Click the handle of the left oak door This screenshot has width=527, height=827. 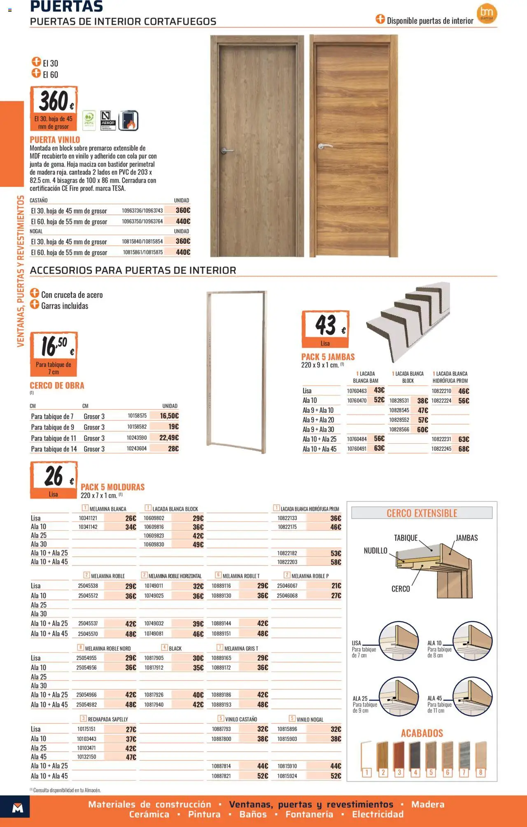click(x=226, y=151)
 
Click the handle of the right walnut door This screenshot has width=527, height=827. click(x=325, y=146)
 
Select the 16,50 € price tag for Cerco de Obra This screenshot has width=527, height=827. click(x=54, y=354)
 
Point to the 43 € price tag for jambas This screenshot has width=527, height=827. click(x=325, y=329)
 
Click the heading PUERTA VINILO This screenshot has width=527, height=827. click(x=55, y=140)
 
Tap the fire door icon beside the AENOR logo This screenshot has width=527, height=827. click(x=128, y=121)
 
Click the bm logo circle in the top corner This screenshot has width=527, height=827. click(x=487, y=14)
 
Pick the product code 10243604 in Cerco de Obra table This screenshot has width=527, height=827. click(x=137, y=448)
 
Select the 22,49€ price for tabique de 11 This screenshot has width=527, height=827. click(x=169, y=438)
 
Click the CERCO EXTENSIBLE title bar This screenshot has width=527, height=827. click(x=422, y=513)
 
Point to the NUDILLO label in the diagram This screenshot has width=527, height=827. click(x=375, y=551)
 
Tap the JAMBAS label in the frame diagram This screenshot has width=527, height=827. click(x=466, y=538)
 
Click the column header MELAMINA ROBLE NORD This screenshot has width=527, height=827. click(x=107, y=648)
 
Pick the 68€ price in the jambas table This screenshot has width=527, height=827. click(x=464, y=449)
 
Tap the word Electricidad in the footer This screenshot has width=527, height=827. click(x=378, y=814)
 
